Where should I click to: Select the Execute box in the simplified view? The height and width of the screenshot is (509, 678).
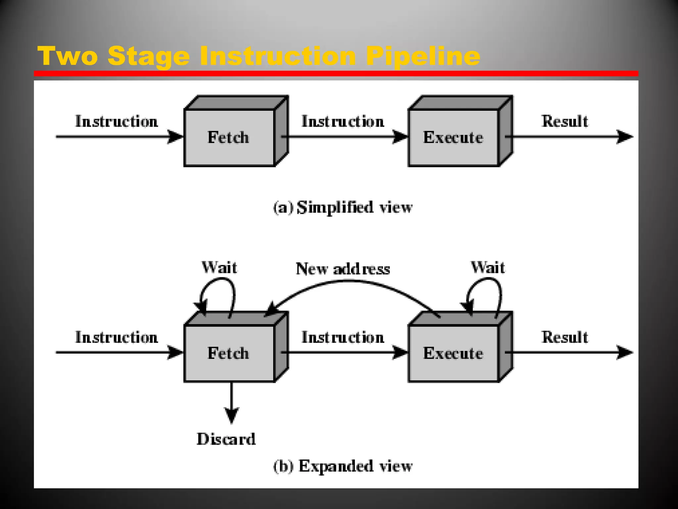pos(453,137)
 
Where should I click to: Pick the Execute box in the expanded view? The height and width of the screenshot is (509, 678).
pos(453,353)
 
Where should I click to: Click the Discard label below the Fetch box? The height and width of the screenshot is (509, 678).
pos(226,439)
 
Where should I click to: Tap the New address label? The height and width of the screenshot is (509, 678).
pos(343,269)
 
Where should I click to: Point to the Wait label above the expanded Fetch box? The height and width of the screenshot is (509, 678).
pos(219,267)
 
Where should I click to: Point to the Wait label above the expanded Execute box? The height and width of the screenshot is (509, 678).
pos(488,267)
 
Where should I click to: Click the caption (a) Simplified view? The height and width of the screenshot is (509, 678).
pos(343,207)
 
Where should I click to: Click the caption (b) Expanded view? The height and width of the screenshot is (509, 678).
pos(343,466)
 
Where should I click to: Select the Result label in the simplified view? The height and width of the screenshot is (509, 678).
pos(565,121)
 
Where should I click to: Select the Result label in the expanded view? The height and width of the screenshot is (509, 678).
pos(565,337)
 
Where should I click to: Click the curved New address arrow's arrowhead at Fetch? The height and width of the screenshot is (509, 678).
pos(272,309)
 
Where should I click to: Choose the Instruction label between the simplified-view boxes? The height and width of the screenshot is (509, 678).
pos(343,121)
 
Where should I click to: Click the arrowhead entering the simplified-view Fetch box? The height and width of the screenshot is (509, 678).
pos(175,137)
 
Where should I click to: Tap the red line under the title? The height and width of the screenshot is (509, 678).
pos(336,74)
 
